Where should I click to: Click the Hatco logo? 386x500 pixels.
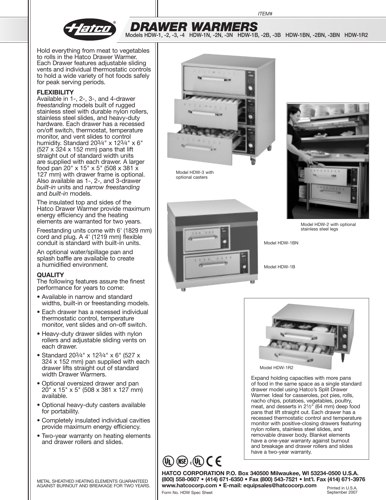click(90, 29)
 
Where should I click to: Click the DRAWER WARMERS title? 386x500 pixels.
click(193, 27)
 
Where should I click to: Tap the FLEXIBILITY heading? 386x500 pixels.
click(55, 92)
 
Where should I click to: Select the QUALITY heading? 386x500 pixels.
click(50, 275)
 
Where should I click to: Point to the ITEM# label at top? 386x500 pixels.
click(265, 14)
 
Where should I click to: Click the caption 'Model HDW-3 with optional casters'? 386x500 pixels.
click(195, 175)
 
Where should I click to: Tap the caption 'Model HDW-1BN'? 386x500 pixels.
click(281, 243)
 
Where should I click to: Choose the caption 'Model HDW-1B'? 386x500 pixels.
click(279, 267)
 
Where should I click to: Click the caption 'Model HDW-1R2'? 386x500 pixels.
click(276, 368)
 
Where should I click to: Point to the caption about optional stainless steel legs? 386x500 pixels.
click(328, 227)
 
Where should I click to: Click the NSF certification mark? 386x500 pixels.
click(182, 461)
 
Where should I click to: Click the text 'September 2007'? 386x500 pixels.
click(342, 492)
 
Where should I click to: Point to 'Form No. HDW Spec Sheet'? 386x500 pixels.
click(187, 492)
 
